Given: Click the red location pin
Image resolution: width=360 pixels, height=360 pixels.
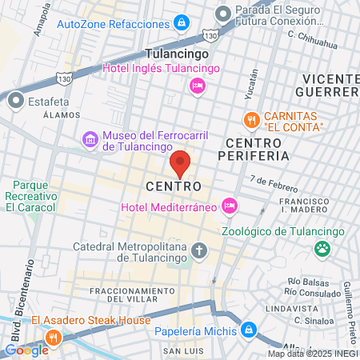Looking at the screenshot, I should (x=181, y=163).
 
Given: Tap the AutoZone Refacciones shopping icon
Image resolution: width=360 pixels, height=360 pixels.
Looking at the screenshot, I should (x=182, y=21).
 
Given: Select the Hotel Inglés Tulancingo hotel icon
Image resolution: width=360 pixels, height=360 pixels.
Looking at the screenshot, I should (x=197, y=86).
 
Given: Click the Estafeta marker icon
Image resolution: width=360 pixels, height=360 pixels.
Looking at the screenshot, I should (x=15, y=102).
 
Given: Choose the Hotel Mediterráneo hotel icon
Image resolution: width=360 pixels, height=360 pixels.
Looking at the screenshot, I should (x=230, y=206).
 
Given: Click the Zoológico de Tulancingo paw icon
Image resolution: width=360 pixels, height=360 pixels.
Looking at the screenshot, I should (x=322, y=248).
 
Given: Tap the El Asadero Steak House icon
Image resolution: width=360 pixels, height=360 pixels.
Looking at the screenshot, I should (x=54, y=337).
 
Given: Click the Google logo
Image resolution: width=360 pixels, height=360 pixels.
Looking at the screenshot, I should (x=26, y=350).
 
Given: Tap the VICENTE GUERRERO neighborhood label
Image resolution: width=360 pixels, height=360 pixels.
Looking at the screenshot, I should (x=330, y=85).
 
